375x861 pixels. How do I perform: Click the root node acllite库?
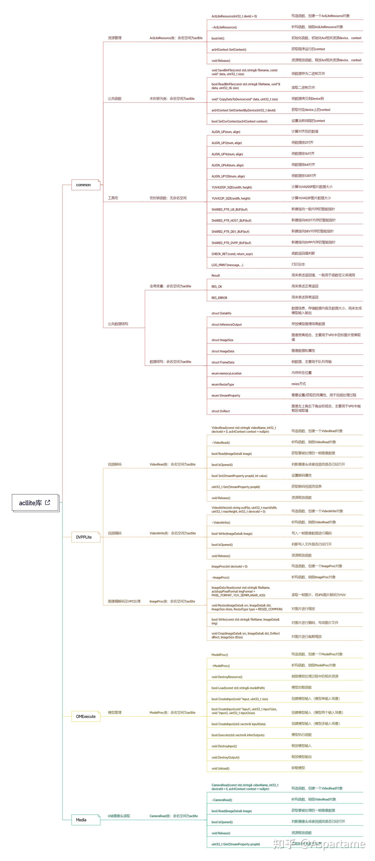point(30,503)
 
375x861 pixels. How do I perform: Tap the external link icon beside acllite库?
point(47,502)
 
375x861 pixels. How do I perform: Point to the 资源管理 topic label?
point(115,38)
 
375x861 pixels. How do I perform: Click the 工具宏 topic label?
point(113,198)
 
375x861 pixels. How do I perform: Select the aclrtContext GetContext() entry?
point(229,49)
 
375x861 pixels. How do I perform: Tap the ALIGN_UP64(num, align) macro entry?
point(228,165)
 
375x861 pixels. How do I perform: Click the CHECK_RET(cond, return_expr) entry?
point(232,254)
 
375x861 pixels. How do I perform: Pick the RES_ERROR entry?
point(219,297)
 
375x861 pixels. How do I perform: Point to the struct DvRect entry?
point(221,411)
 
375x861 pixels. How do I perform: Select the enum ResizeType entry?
point(223,384)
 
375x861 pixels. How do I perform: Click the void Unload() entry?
point(220,769)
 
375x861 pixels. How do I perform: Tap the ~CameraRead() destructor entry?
point(222,800)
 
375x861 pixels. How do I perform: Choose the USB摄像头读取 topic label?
point(119,816)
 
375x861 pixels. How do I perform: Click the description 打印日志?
point(298,264)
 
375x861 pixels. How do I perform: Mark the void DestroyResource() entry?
point(227,677)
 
